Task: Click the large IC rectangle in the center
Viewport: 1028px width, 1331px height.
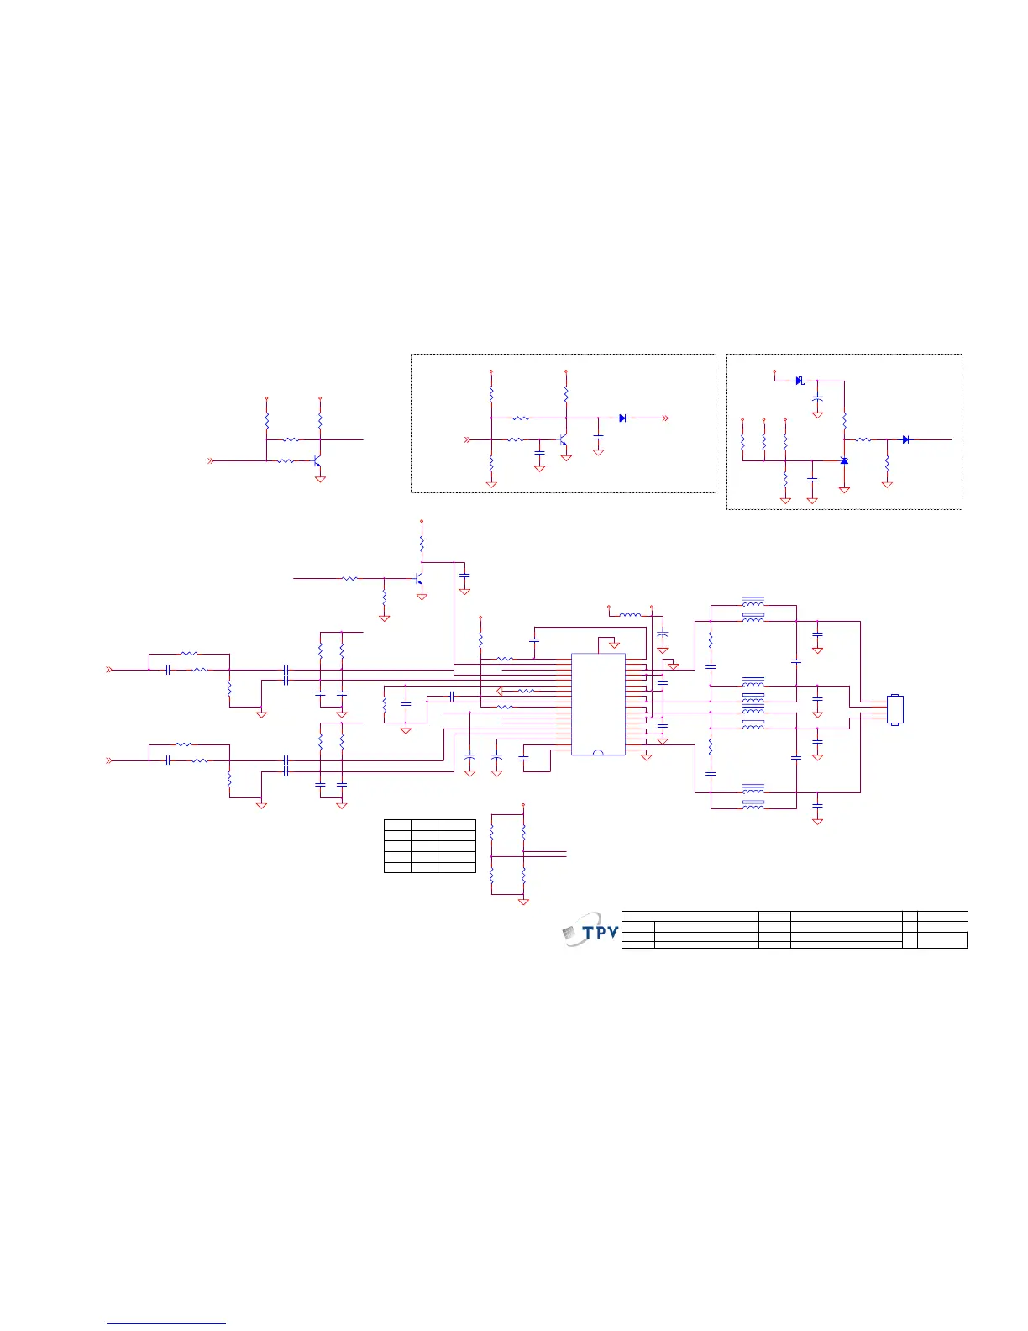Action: point(598,704)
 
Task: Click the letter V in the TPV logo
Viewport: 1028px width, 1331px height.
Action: point(612,932)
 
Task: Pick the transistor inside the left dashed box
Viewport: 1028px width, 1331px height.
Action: point(563,439)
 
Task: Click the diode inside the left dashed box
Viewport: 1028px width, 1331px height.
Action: point(622,418)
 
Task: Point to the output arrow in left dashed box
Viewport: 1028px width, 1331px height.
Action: point(664,418)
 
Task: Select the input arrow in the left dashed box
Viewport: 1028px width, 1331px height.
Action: point(469,439)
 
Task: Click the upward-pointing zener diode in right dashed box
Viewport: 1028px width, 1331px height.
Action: point(844,460)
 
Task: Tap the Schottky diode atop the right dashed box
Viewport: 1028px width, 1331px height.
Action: point(800,381)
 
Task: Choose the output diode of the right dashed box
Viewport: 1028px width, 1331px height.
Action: point(905,439)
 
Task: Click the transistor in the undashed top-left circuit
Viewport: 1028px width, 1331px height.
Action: point(317,461)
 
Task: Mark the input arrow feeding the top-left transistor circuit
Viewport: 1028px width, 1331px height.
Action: point(211,461)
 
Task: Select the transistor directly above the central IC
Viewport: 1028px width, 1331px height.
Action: point(418,579)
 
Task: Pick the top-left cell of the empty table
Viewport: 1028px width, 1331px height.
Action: point(397,825)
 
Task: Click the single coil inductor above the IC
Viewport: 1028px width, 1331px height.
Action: point(630,615)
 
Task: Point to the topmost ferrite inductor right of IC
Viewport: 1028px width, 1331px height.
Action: point(753,602)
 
